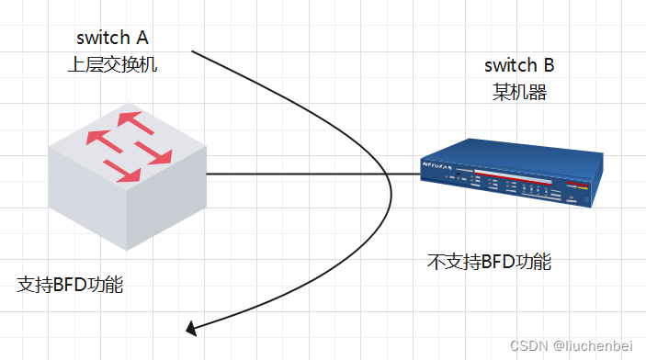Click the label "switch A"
coord(113,38)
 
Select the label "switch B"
coord(519,65)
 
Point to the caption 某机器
coord(519,92)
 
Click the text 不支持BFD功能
coord(489,261)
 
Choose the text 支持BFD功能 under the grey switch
coord(71,284)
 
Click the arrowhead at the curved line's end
coord(191,327)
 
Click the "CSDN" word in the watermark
coord(530,345)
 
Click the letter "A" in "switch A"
coord(142,38)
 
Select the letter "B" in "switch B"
coord(549,65)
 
